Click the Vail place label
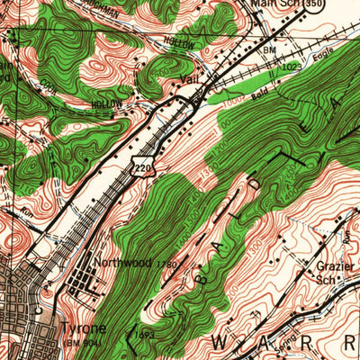(188, 80)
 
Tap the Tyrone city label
(83, 329)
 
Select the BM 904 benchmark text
(84, 343)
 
